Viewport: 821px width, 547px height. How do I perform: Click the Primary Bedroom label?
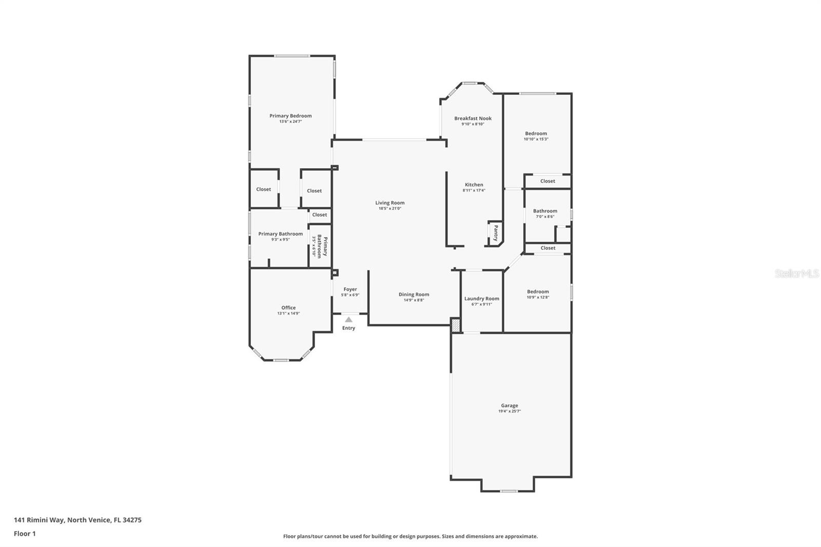290,116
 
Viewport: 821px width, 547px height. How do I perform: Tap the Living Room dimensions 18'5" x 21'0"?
389,208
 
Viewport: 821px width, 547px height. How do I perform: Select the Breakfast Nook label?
473,119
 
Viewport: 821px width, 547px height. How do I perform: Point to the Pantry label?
496,233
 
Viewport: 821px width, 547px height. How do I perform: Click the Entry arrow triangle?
348,319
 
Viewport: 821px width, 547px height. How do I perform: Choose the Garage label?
510,405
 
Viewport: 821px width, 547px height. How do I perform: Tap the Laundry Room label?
481,299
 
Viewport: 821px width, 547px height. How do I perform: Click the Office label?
288,308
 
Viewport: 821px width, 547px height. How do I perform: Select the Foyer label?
350,289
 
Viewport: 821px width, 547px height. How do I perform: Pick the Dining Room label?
414,295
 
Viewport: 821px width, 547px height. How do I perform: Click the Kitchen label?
474,185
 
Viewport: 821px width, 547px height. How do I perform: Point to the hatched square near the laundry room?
455,325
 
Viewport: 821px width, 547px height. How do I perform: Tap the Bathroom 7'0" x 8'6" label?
545,211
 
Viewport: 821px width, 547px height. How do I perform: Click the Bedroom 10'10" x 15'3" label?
536,133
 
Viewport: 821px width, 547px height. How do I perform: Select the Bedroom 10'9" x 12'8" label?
538,291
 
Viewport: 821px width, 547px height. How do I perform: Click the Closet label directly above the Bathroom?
548,181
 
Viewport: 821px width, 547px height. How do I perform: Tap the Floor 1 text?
25,534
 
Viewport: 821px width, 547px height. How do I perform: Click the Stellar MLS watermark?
796,274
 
